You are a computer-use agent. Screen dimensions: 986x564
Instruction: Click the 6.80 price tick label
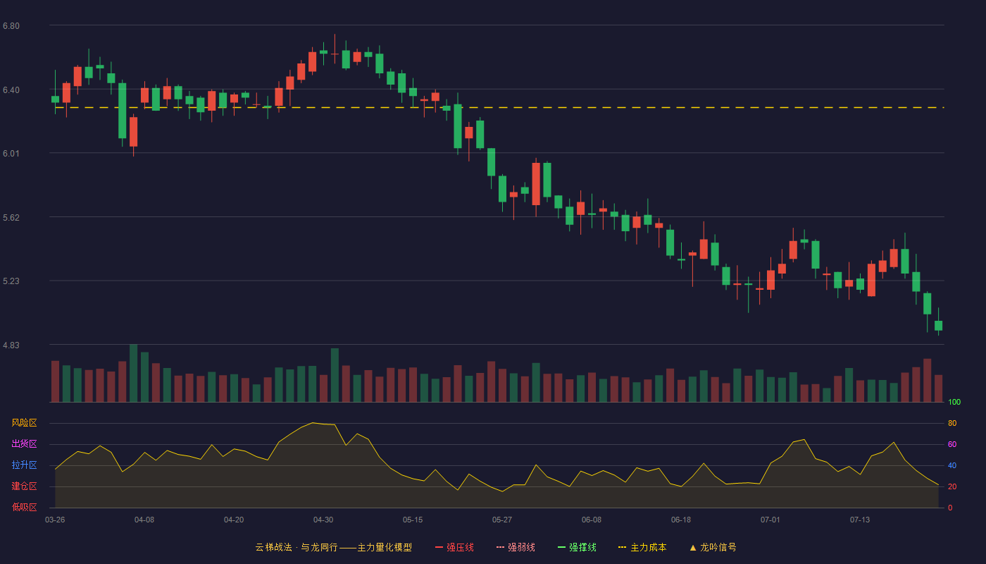[x=11, y=26]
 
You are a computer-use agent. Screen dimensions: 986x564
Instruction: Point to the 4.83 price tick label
[x=11, y=345]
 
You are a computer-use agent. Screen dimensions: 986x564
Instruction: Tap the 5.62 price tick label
[x=11, y=218]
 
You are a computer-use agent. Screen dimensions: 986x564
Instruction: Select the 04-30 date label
[x=323, y=520]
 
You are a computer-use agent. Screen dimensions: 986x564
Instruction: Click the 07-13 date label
[x=860, y=520]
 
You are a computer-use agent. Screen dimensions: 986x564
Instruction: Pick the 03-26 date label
[x=55, y=520]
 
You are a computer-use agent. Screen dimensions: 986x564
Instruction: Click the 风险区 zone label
[x=24, y=423]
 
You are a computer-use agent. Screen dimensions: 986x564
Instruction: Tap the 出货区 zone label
[x=24, y=443]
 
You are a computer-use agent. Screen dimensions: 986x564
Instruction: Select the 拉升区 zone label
[x=24, y=465]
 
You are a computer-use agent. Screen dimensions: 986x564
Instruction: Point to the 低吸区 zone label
[x=24, y=507]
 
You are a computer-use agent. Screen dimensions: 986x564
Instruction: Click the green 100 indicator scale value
[x=954, y=402]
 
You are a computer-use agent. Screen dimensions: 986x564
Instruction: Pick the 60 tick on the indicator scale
[x=952, y=444]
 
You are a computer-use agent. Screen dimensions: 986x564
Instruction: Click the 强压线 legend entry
[x=454, y=547]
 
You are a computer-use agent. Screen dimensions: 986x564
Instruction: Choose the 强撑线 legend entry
[x=577, y=547]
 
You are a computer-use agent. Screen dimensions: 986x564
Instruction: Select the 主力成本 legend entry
[x=642, y=547]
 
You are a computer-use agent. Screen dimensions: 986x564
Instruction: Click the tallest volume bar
[x=133, y=373]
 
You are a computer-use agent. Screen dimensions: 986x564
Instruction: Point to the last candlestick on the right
[x=938, y=325]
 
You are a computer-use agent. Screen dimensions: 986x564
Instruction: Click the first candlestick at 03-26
[x=55, y=99]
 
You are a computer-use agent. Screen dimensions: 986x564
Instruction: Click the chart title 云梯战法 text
[x=273, y=547]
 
